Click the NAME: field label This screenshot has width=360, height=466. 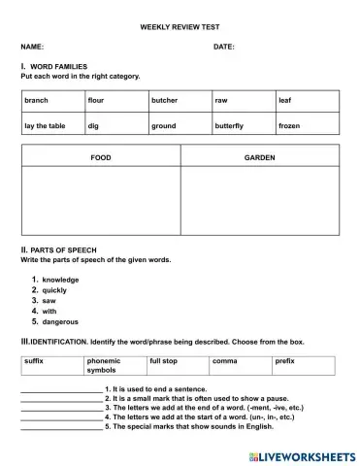[32, 46]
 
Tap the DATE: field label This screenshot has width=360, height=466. [223, 46]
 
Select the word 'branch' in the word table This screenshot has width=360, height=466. [37, 100]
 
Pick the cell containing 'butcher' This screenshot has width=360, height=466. [164, 100]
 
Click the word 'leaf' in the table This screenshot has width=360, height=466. [284, 100]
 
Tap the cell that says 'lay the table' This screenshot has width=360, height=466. [44, 125]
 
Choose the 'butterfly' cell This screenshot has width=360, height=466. [229, 125]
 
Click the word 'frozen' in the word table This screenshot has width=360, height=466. [289, 125]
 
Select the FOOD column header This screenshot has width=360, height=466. [101, 156]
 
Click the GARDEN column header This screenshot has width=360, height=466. [259, 156]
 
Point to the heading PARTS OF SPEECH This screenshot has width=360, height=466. [63, 250]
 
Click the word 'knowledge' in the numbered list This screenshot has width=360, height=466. [60, 280]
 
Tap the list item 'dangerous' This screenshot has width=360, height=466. [60, 321]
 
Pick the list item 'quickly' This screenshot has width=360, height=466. [55, 290]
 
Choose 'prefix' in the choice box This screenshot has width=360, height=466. [284, 361]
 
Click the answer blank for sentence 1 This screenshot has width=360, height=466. [60, 388]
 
